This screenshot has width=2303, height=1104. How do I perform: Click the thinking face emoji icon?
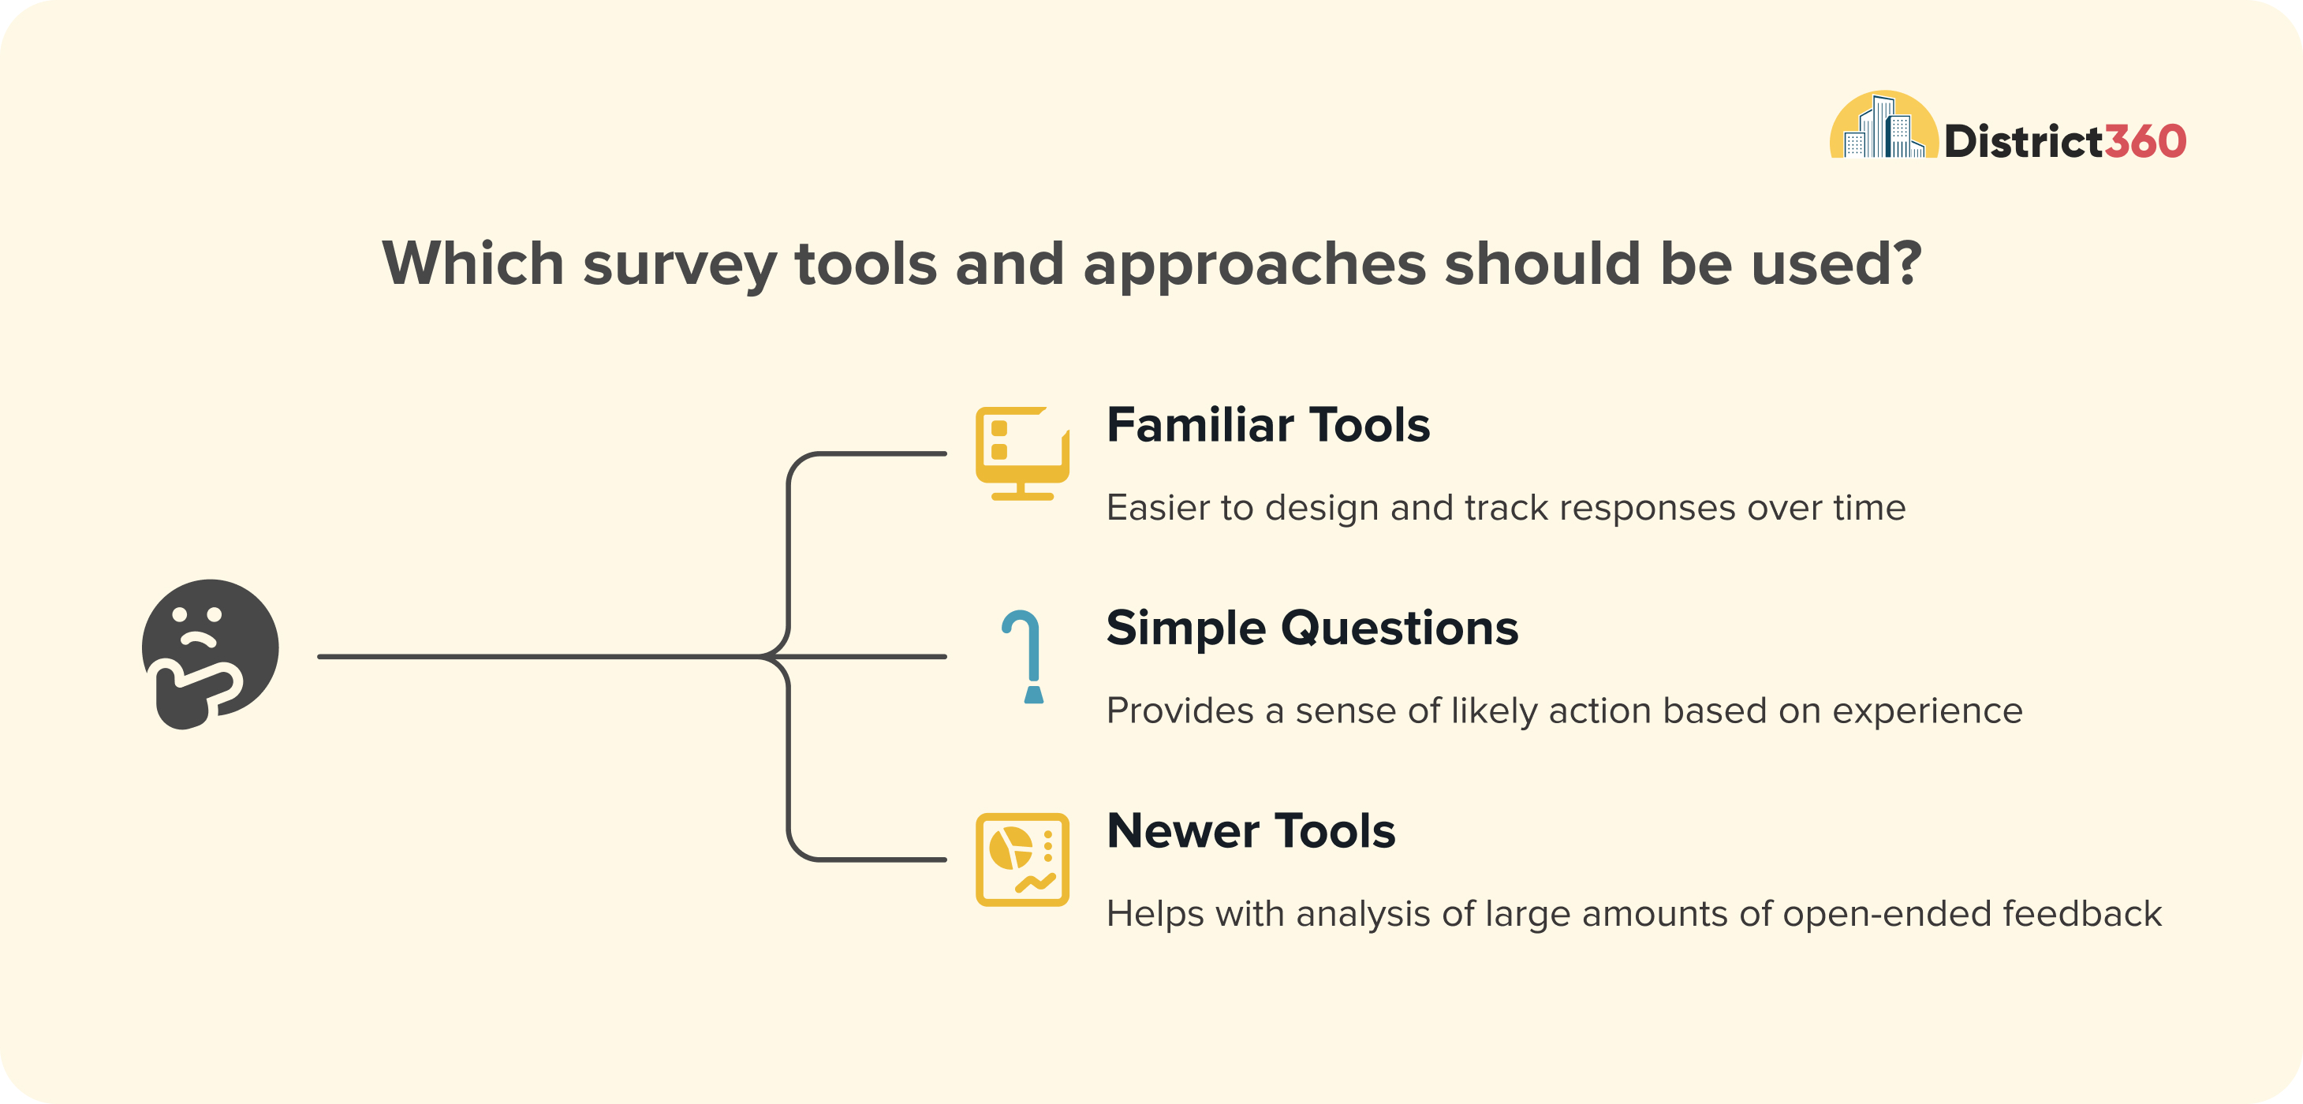coord(210,654)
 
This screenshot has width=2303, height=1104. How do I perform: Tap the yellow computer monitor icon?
coord(1022,453)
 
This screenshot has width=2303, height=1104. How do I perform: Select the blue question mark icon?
coord(1024,657)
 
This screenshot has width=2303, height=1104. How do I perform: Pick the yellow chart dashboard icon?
coord(1022,859)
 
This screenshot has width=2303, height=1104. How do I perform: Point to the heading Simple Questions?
coord(1312,628)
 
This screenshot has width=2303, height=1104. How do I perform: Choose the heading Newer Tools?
coord(1251,830)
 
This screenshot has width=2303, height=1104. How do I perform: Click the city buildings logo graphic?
coord(1883,125)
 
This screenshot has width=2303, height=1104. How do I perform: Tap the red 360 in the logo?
coord(2144,141)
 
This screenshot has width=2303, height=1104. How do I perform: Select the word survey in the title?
coord(679,266)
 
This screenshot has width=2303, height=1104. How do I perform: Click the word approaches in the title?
coord(1254,266)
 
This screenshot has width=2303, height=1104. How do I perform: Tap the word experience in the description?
coord(1928,712)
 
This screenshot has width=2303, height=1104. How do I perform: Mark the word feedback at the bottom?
coord(2082,914)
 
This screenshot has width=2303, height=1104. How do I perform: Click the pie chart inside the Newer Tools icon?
coord(1010,848)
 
